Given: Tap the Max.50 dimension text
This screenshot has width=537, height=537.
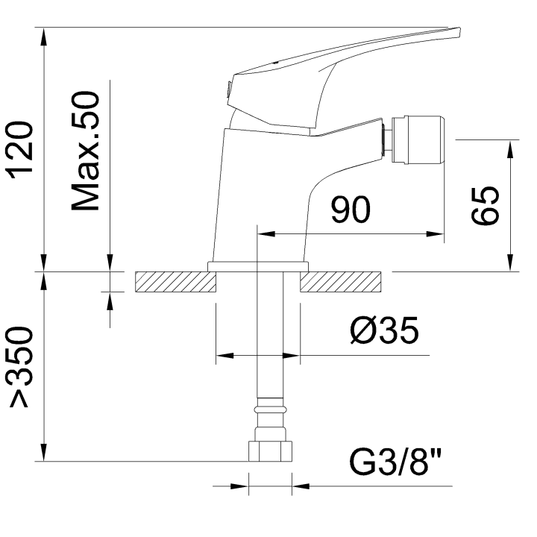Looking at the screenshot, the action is pyautogui.click(x=85, y=151).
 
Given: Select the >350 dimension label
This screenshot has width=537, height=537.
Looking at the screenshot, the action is pyautogui.click(x=22, y=367).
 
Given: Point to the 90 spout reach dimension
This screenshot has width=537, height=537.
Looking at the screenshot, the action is pyautogui.click(x=351, y=210).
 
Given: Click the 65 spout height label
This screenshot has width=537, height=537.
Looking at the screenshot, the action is pyautogui.click(x=485, y=206).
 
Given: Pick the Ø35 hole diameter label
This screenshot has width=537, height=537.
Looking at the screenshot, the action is pyautogui.click(x=385, y=330).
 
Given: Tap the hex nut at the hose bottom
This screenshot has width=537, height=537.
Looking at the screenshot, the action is pyautogui.click(x=270, y=451).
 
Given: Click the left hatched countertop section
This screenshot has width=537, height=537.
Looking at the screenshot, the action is pyautogui.click(x=176, y=282).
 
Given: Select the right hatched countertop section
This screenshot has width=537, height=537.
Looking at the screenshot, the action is pyautogui.click(x=340, y=282).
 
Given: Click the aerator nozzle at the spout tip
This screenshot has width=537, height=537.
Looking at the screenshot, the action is pyautogui.click(x=419, y=139).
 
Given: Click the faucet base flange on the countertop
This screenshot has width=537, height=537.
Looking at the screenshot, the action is pyautogui.click(x=258, y=266).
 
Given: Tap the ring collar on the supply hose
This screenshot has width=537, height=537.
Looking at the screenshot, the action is pyautogui.click(x=270, y=409).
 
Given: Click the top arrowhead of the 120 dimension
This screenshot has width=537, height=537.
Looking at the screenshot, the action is pyautogui.click(x=43, y=36).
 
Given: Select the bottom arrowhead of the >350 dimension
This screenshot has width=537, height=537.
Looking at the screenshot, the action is pyautogui.click(x=43, y=453).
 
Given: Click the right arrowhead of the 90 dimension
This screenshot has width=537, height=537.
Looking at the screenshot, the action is pyautogui.click(x=435, y=234).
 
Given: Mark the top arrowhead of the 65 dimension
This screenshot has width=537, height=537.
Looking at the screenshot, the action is pyautogui.click(x=510, y=148).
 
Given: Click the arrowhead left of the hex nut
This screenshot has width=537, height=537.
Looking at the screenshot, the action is pyautogui.click(x=239, y=486).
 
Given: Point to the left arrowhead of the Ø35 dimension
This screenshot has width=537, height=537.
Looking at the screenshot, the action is pyautogui.click(x=224, y=356).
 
